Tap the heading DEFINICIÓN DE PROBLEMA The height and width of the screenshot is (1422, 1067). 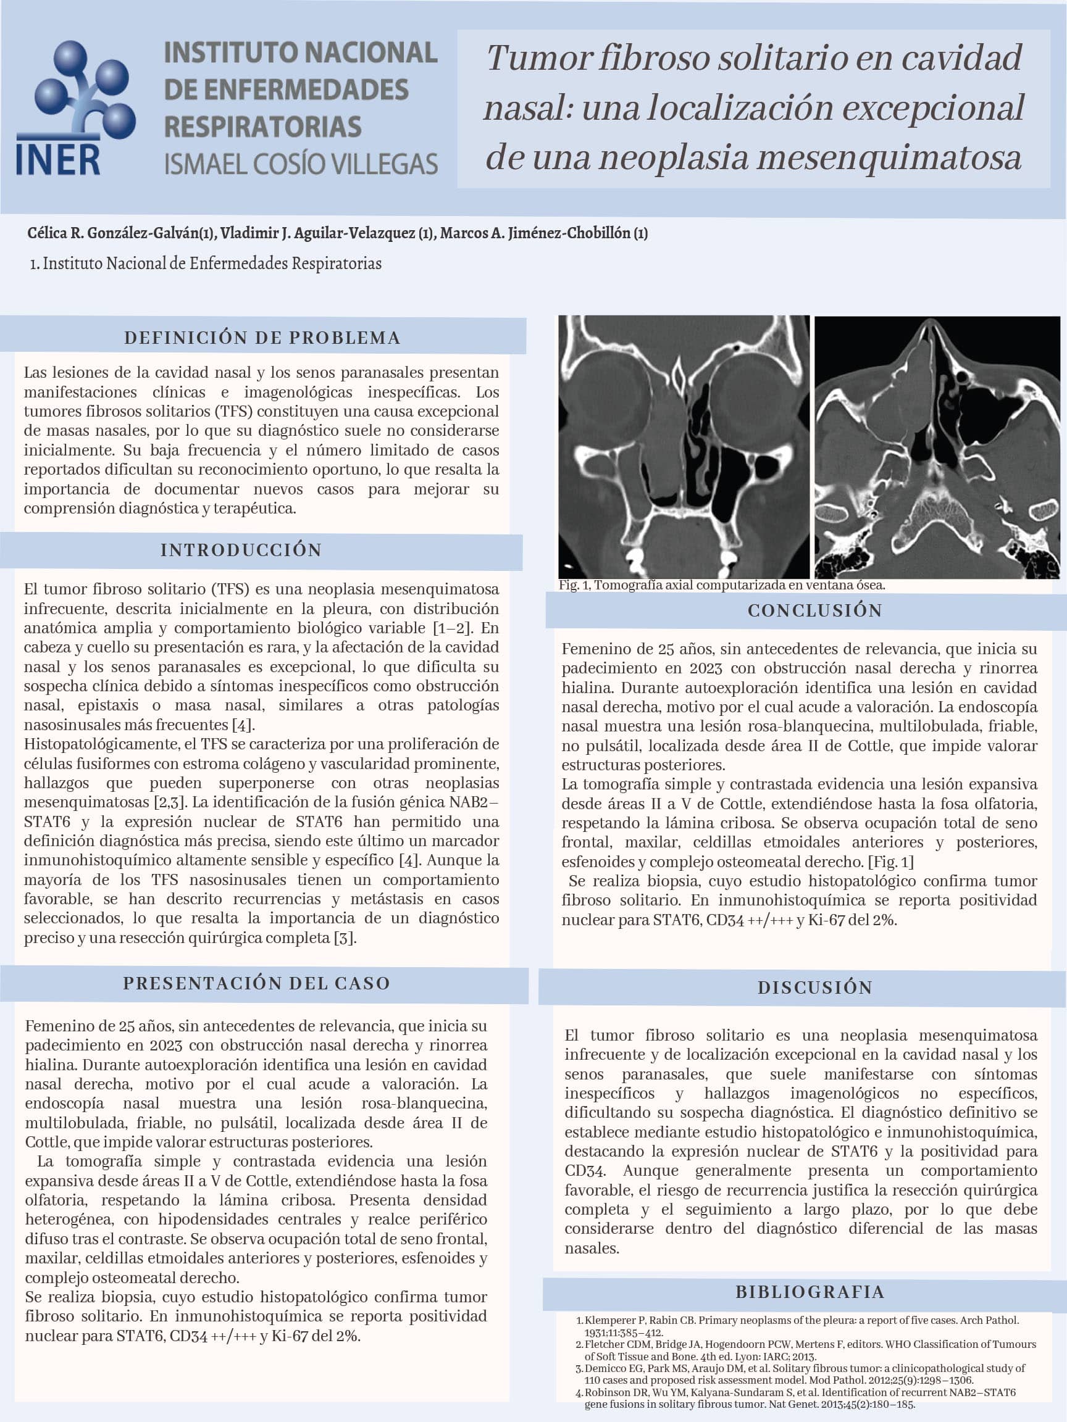[x=262, y=338]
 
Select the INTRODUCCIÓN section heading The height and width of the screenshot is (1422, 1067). [x=241, y=550]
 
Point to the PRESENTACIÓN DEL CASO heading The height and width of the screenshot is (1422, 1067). [x=257, y=983]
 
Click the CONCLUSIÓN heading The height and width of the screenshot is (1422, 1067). [x=815, y=610]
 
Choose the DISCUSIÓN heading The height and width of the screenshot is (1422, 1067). [x=815, y=987]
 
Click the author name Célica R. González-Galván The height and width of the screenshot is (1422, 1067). [x=120, y=233]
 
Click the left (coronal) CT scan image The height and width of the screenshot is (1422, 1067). [x=684, y=447]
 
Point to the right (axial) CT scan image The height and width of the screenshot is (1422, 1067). [x=937, y=447]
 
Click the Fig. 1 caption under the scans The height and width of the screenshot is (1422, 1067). [x=722, y=585]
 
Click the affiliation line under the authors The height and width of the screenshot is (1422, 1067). [x=206, y=264]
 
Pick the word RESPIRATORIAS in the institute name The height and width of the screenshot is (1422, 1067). [x=262, y=126]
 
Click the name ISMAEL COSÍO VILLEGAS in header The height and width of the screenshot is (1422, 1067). [x=301, y=164]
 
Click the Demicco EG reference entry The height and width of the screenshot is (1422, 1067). [x=804, y=1374]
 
